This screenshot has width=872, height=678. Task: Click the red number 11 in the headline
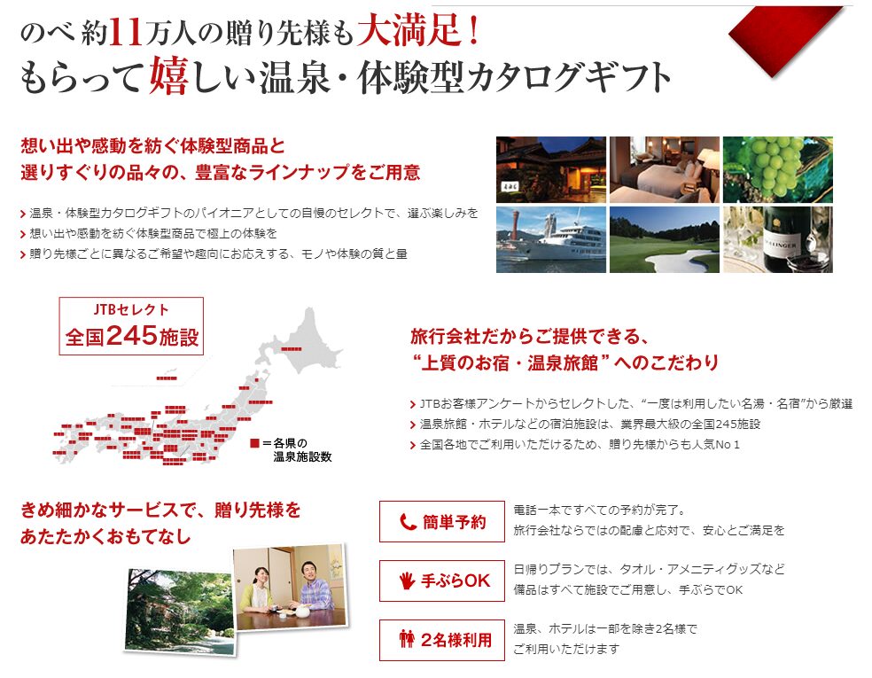coord(127,31)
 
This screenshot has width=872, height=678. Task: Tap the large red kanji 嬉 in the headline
coord(169,75)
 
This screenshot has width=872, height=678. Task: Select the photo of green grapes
coord(777,169)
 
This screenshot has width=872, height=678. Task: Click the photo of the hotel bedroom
coord(664,169)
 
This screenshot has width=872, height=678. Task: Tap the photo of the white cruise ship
coord(550,239)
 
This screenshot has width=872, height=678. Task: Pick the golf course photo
coord(664,239)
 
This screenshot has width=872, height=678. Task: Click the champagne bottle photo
coord(777,239)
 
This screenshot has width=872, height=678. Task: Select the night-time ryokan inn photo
coord(550,169)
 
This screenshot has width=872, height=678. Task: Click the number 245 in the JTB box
coord(132,335)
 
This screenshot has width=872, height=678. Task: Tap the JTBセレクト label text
coord(131,310)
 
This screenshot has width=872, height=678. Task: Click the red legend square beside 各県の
coord(254,443)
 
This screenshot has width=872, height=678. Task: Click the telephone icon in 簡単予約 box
coord(408,522)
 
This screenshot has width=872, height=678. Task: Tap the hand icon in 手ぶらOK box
coord(408,581)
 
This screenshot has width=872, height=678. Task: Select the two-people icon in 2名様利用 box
coord(407,639)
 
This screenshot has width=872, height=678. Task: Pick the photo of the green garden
coord(179,611)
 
